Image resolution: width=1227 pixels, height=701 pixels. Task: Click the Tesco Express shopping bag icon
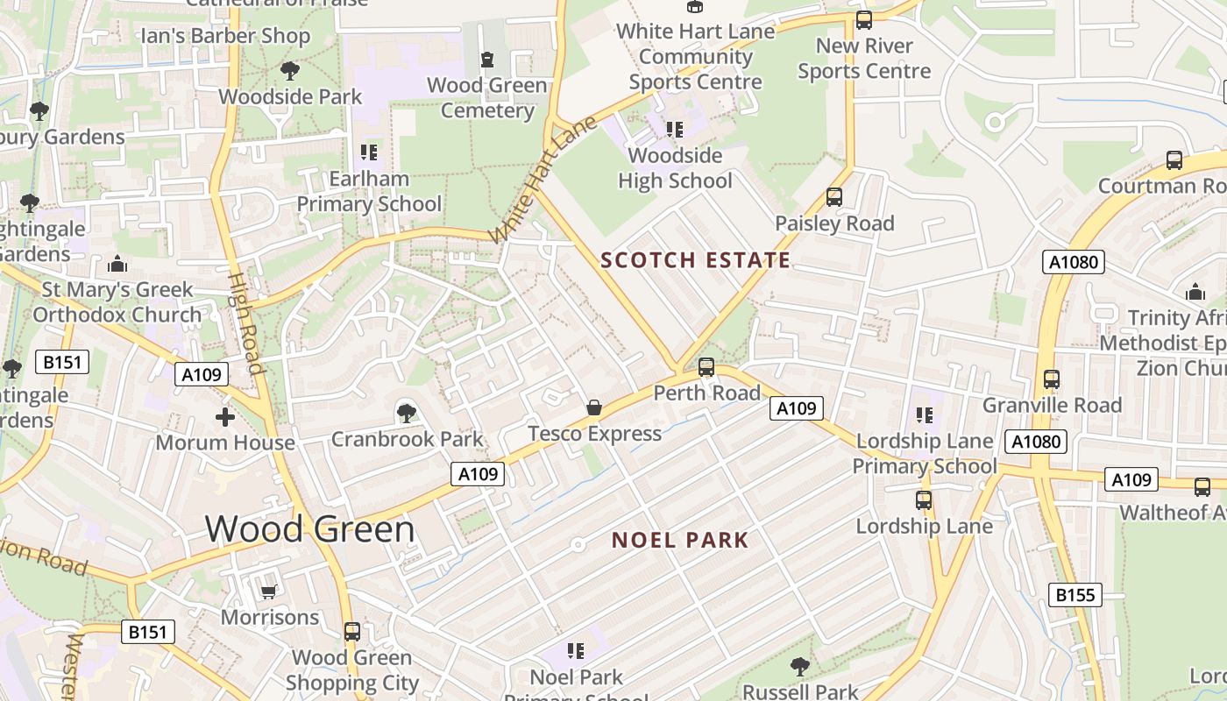[594, 407]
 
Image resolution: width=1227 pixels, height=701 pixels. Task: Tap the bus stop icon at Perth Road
[706, 367]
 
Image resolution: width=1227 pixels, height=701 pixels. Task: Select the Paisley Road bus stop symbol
[834, 197]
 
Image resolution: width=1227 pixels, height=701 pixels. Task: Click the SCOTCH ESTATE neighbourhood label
[696, 260]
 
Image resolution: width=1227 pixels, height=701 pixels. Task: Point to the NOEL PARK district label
[680, 540]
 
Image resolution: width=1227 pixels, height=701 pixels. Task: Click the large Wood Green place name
[309, 529]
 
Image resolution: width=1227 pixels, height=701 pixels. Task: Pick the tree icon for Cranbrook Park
[406, 413]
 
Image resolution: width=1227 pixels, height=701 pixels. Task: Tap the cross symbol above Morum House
[225, 417]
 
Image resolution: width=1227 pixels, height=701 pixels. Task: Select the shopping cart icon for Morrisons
[269, 591]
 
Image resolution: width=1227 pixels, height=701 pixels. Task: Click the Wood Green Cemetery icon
[487, 60]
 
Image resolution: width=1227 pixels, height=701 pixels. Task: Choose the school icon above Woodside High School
[674, 130]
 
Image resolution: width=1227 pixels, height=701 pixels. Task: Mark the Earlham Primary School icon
[369, 152]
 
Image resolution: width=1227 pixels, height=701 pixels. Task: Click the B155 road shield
[1075, 595]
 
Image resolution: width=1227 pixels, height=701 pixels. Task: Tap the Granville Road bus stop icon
[1052, 379]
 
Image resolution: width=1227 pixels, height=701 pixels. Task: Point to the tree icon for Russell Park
[800, 667]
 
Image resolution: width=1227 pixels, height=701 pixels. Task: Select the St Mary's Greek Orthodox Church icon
[117, 264]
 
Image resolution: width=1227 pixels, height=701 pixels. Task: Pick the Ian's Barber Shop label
[226, 36]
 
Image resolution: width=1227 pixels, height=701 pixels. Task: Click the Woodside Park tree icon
[290, 71]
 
